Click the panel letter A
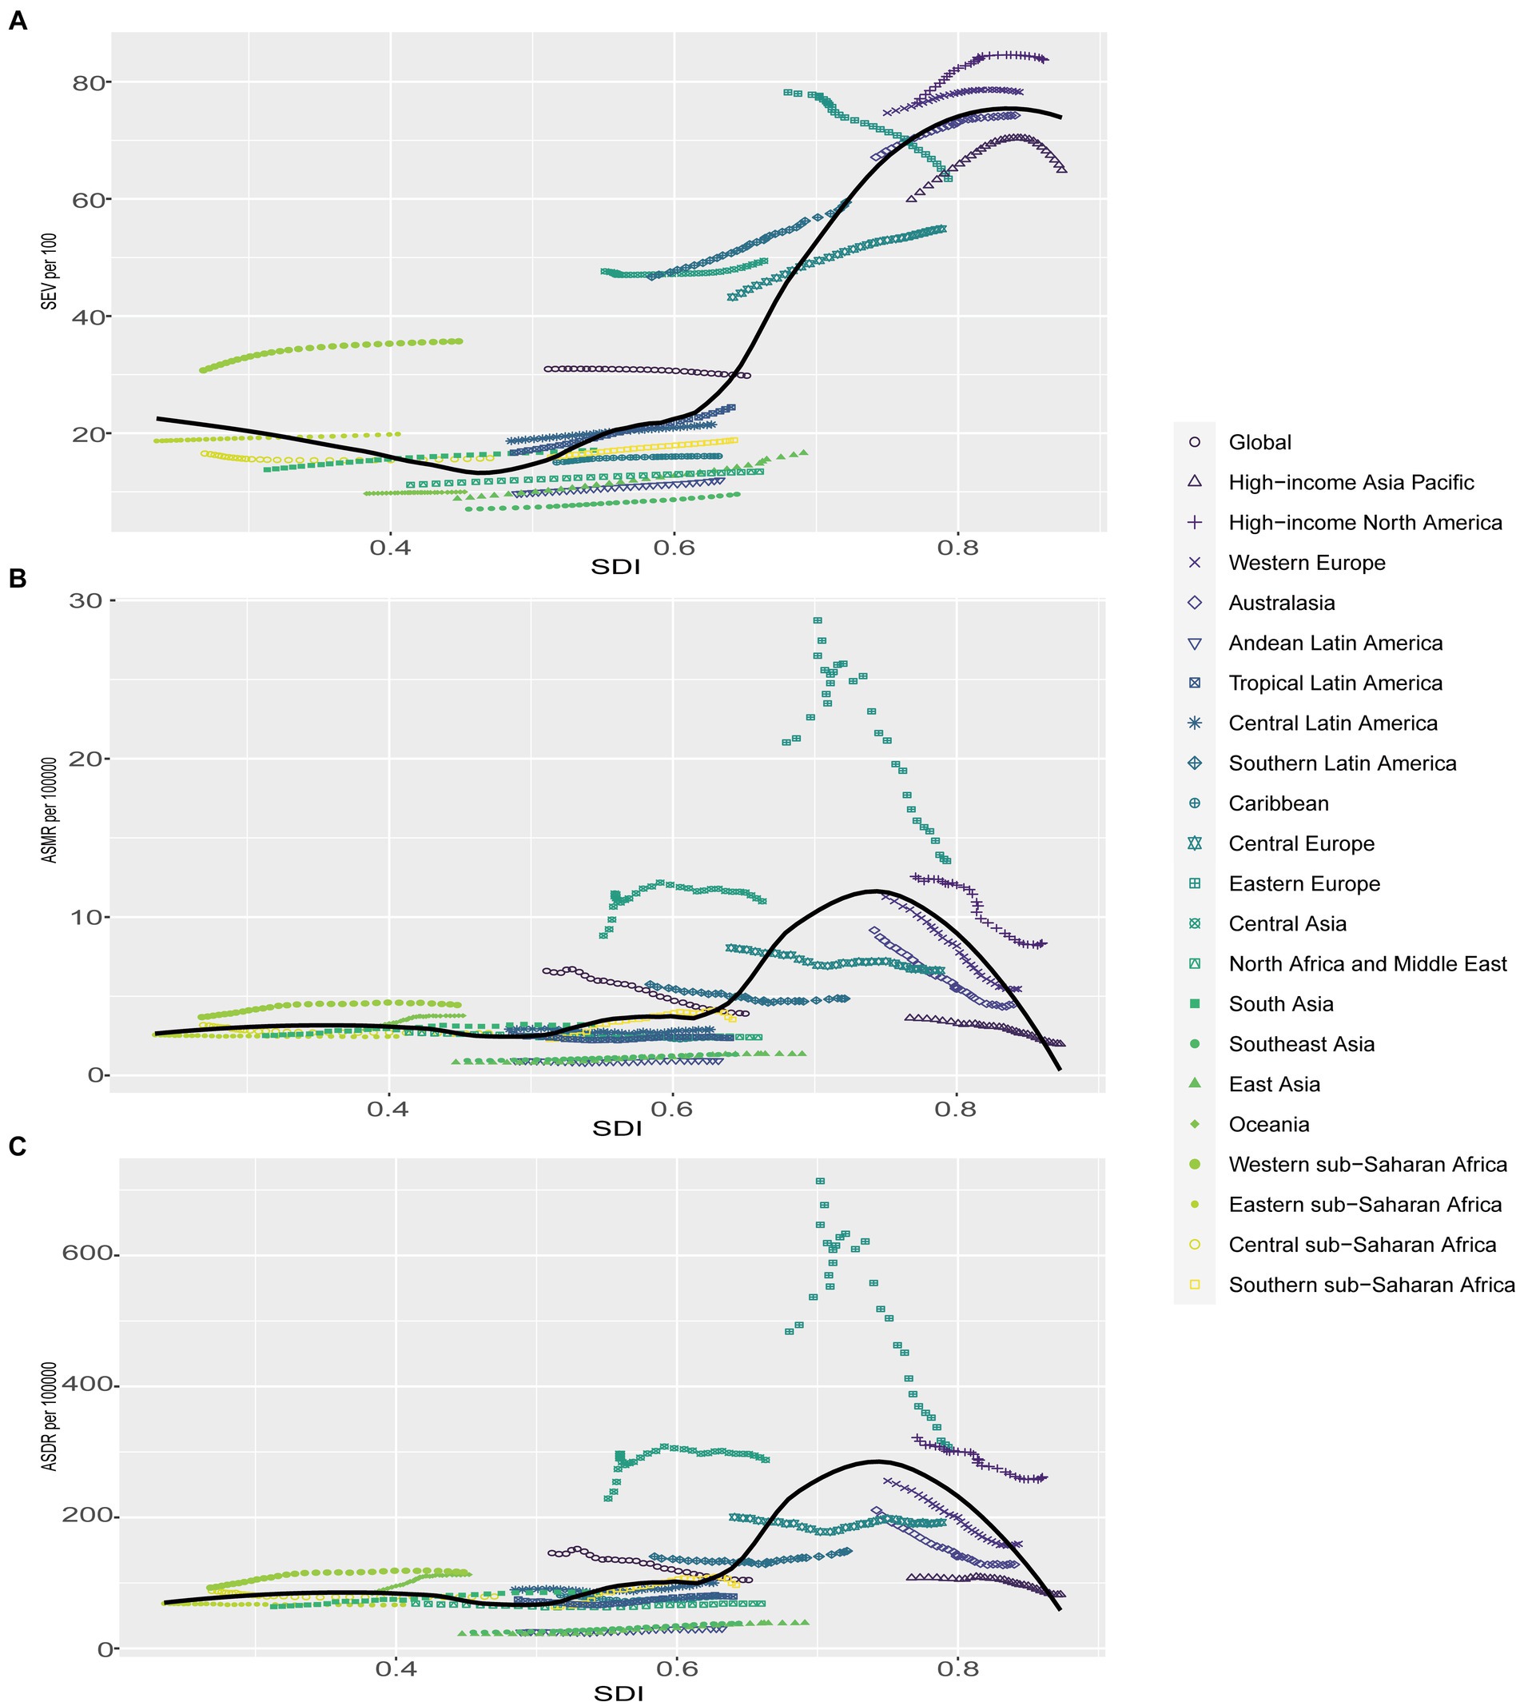point(18,21)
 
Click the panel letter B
point(18,578)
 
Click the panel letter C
point(18,1146)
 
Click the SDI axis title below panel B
point(616,1129)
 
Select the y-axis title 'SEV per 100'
point(50,272)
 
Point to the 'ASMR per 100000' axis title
point(50,810)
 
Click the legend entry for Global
point(1259,442)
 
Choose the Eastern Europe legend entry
point(1303,883)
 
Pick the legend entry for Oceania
point(1268,1124)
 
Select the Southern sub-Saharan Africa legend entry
point(1371,1284)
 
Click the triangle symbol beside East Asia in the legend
point(1194,1083)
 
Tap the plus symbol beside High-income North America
point(1194,522)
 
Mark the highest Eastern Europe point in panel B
point(818,620)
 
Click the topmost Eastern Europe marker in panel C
point(820,1181)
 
